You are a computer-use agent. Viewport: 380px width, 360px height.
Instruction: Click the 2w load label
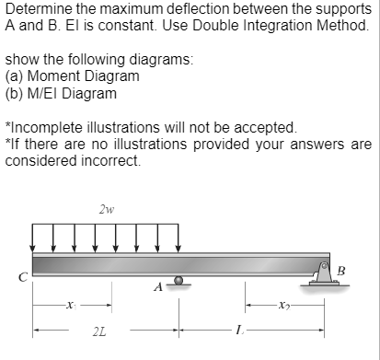(106, 209)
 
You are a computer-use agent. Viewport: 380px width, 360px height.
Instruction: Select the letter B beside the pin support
(342, 269)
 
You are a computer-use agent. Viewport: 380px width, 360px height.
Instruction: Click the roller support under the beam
(179, 281)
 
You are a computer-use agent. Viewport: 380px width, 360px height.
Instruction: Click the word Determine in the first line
(40, 9)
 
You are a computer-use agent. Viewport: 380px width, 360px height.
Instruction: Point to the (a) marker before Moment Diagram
(16, 76)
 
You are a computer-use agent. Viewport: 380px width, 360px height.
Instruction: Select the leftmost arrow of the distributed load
(34, 239)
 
